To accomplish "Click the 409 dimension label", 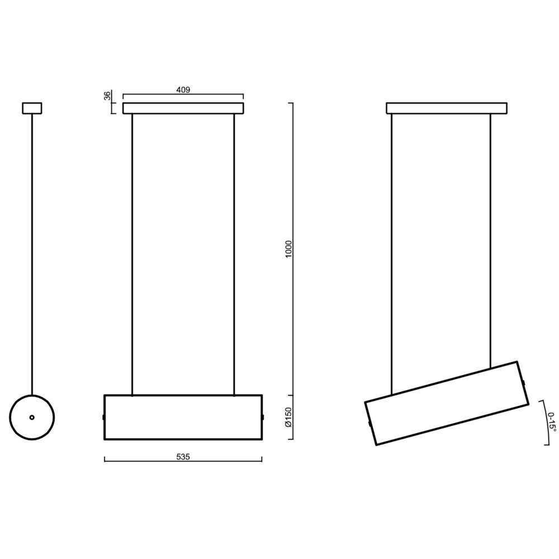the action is pyautogui.click(x=183, y=90).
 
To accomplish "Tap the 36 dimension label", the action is pyautogui.click(x=107, y=96).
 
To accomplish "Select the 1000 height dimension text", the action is pyautogui.click(x=288, y=249).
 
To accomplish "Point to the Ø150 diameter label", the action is pyautogui.click(x=288, y=417).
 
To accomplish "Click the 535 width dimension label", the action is pyautogui.click(x=183, y=457).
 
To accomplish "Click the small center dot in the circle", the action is pyautogui.click(x=32, y=417).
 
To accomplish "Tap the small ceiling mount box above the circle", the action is pyautogui.click(x=32, y=108).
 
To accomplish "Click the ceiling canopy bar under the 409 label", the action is pyautogui.click(x=183, y=108).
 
